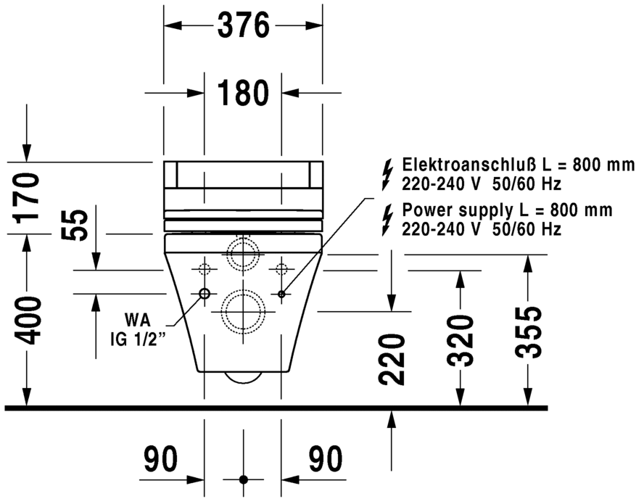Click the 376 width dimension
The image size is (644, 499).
click(x=243, y=26)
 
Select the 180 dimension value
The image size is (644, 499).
click(x=243, y=93)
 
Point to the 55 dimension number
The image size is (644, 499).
click(x=76, y=226)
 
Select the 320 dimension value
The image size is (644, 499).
click(x=460, y=340)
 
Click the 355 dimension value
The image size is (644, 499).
click(x=529, y=332)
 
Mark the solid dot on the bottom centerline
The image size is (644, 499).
click(x=243, y=479)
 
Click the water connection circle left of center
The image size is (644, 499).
click(x=204, y=294)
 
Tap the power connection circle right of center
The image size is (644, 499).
click(x=281, y=294)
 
